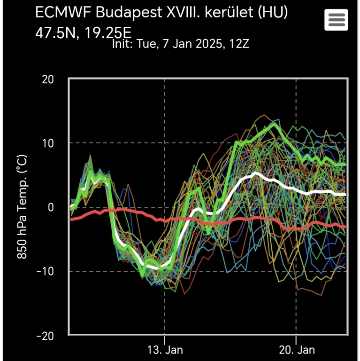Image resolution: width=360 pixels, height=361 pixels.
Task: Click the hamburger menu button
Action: tap(336, 20)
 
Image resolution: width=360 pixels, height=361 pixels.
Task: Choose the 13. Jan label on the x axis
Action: tap(164, 350)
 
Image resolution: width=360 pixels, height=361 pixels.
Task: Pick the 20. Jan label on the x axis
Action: tap(296, 350)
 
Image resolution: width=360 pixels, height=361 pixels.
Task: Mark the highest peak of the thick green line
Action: tap(275, 124)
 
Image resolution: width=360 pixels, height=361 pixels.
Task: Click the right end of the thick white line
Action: tap(345, 194)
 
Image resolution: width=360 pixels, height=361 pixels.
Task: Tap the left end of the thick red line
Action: tap(70, 219)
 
